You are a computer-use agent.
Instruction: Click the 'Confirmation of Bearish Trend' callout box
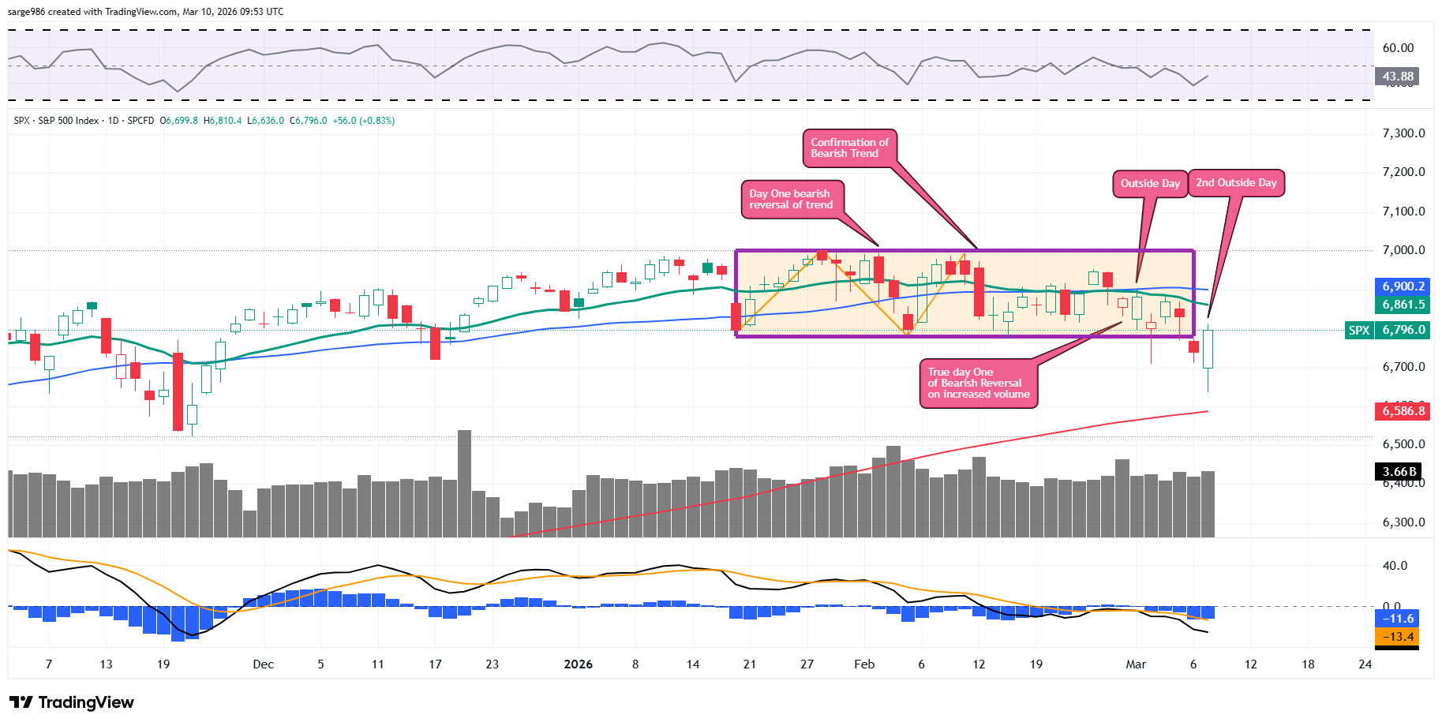[849, 148]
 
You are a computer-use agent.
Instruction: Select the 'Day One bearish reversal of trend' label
[791, 199]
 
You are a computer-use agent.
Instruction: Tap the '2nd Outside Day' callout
[1236, 183]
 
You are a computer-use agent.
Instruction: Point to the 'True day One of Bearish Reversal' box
[978, 384]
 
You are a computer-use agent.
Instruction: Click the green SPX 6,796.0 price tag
[1388, 331]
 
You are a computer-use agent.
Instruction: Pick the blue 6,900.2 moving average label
[1403, 286]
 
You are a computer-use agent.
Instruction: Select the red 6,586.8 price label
[1403, 410]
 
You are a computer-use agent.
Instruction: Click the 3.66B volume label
[1398, 472]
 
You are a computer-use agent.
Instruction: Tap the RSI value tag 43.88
[1397, 77]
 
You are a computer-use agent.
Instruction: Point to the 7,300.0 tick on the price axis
[1403, 133]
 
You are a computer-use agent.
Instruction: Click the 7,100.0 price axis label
[1403, 211]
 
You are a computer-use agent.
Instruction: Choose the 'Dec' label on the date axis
[263, 664]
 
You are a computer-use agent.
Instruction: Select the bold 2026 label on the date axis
[578, 664]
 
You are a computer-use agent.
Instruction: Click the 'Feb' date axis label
[864, 664]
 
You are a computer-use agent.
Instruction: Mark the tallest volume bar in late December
[464, 483]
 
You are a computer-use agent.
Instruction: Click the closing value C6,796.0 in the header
[308, 121]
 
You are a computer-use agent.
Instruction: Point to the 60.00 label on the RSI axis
[1398, 48]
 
